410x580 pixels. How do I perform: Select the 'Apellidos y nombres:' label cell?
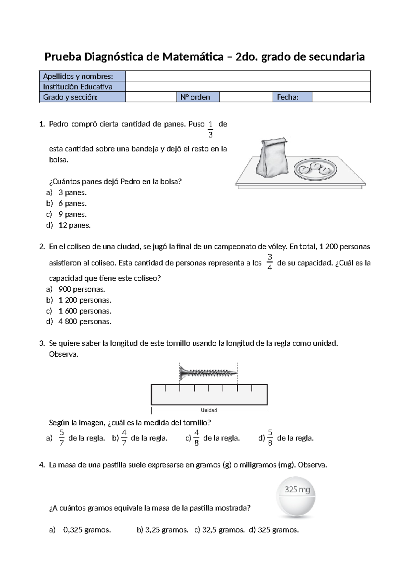click(x=82, y=76)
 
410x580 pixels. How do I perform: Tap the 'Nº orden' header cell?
click(x=198, y=97)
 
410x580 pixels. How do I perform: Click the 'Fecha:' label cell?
click(x=292, y=97)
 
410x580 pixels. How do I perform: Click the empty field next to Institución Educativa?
click(x=248, y=87)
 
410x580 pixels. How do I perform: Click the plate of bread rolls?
click(x=315, y=169)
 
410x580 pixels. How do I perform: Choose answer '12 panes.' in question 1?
click(x=74, y=225)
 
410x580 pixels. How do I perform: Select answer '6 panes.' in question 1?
click(x=72, y=203)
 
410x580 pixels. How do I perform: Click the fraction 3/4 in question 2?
click(x=270, y=262)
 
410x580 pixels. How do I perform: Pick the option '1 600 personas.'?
click(x=85, y=311)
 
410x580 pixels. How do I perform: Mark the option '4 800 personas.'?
click(x=85, y=321)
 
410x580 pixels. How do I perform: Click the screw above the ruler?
click(x=208, y=372)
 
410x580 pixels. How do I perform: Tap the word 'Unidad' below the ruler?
click(x=209, y=410)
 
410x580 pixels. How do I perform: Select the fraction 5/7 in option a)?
click(x=61, y=438)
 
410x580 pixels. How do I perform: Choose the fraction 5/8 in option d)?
click(x=270, y=438)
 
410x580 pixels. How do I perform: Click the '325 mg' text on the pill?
click(x=297, y=489)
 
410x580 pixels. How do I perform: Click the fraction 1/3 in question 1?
click(x=210, y=129)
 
